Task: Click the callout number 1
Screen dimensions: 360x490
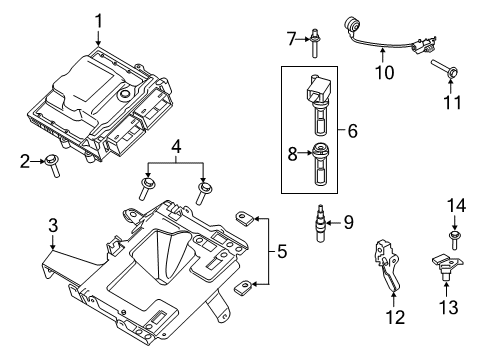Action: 99,19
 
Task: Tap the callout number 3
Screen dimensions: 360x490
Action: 53,229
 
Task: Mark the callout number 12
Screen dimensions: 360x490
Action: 395,318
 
